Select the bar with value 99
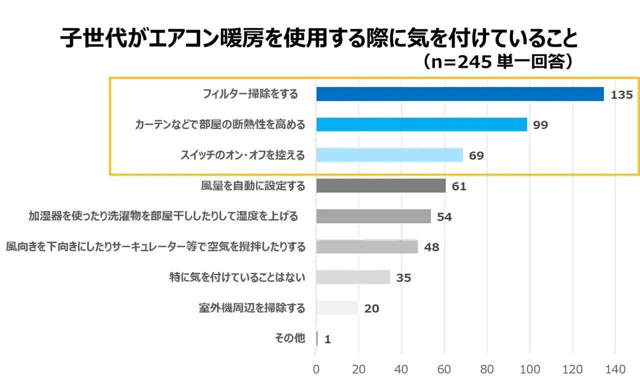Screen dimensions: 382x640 coord(421,124)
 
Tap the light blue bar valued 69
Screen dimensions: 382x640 coord(389,155)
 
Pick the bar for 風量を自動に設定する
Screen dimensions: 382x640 coord(380,186)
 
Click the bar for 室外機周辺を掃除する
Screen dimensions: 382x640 coord(337,308)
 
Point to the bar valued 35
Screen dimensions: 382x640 coord(353,277)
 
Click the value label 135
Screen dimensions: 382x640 coord(621,94)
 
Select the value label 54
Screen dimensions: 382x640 coord(444,217)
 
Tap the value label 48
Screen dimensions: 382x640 coord(431,247)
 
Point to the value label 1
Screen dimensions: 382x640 coord(327,339)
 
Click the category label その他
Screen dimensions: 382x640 coord(289,338)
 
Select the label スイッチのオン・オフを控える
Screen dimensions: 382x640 coord(242,155)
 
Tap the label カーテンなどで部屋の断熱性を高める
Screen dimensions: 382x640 coord(219,125)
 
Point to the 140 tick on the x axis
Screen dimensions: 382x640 coord(615,369)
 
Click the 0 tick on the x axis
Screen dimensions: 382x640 coord(316,369)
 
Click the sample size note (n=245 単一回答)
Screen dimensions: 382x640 coord(497,61)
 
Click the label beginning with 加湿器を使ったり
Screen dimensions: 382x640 coord(163,216)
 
